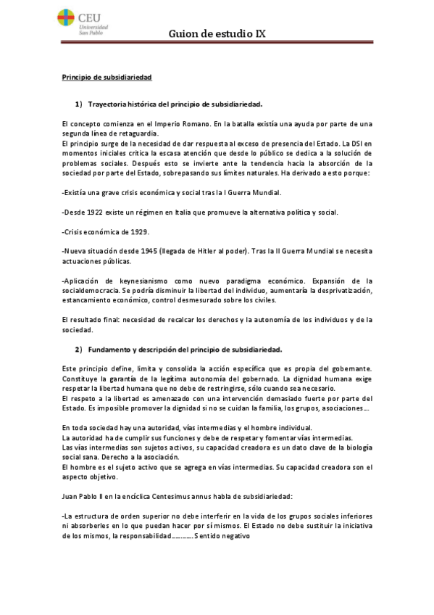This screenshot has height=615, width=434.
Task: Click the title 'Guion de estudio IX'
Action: pyautogui.click(x=214, y=33)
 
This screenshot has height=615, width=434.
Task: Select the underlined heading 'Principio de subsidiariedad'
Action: pyautogui.click(x=105, y=76)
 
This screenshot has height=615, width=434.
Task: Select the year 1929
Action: pyautogui.click(x=138, y=231)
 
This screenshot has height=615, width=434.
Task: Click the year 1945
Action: pyautogui.click(x=149, y=251)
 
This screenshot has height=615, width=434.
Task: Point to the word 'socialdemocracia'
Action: pyautogui.click(x=92, y=290)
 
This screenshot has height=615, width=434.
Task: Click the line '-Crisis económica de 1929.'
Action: pyautogui.click(x=106, y=231)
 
